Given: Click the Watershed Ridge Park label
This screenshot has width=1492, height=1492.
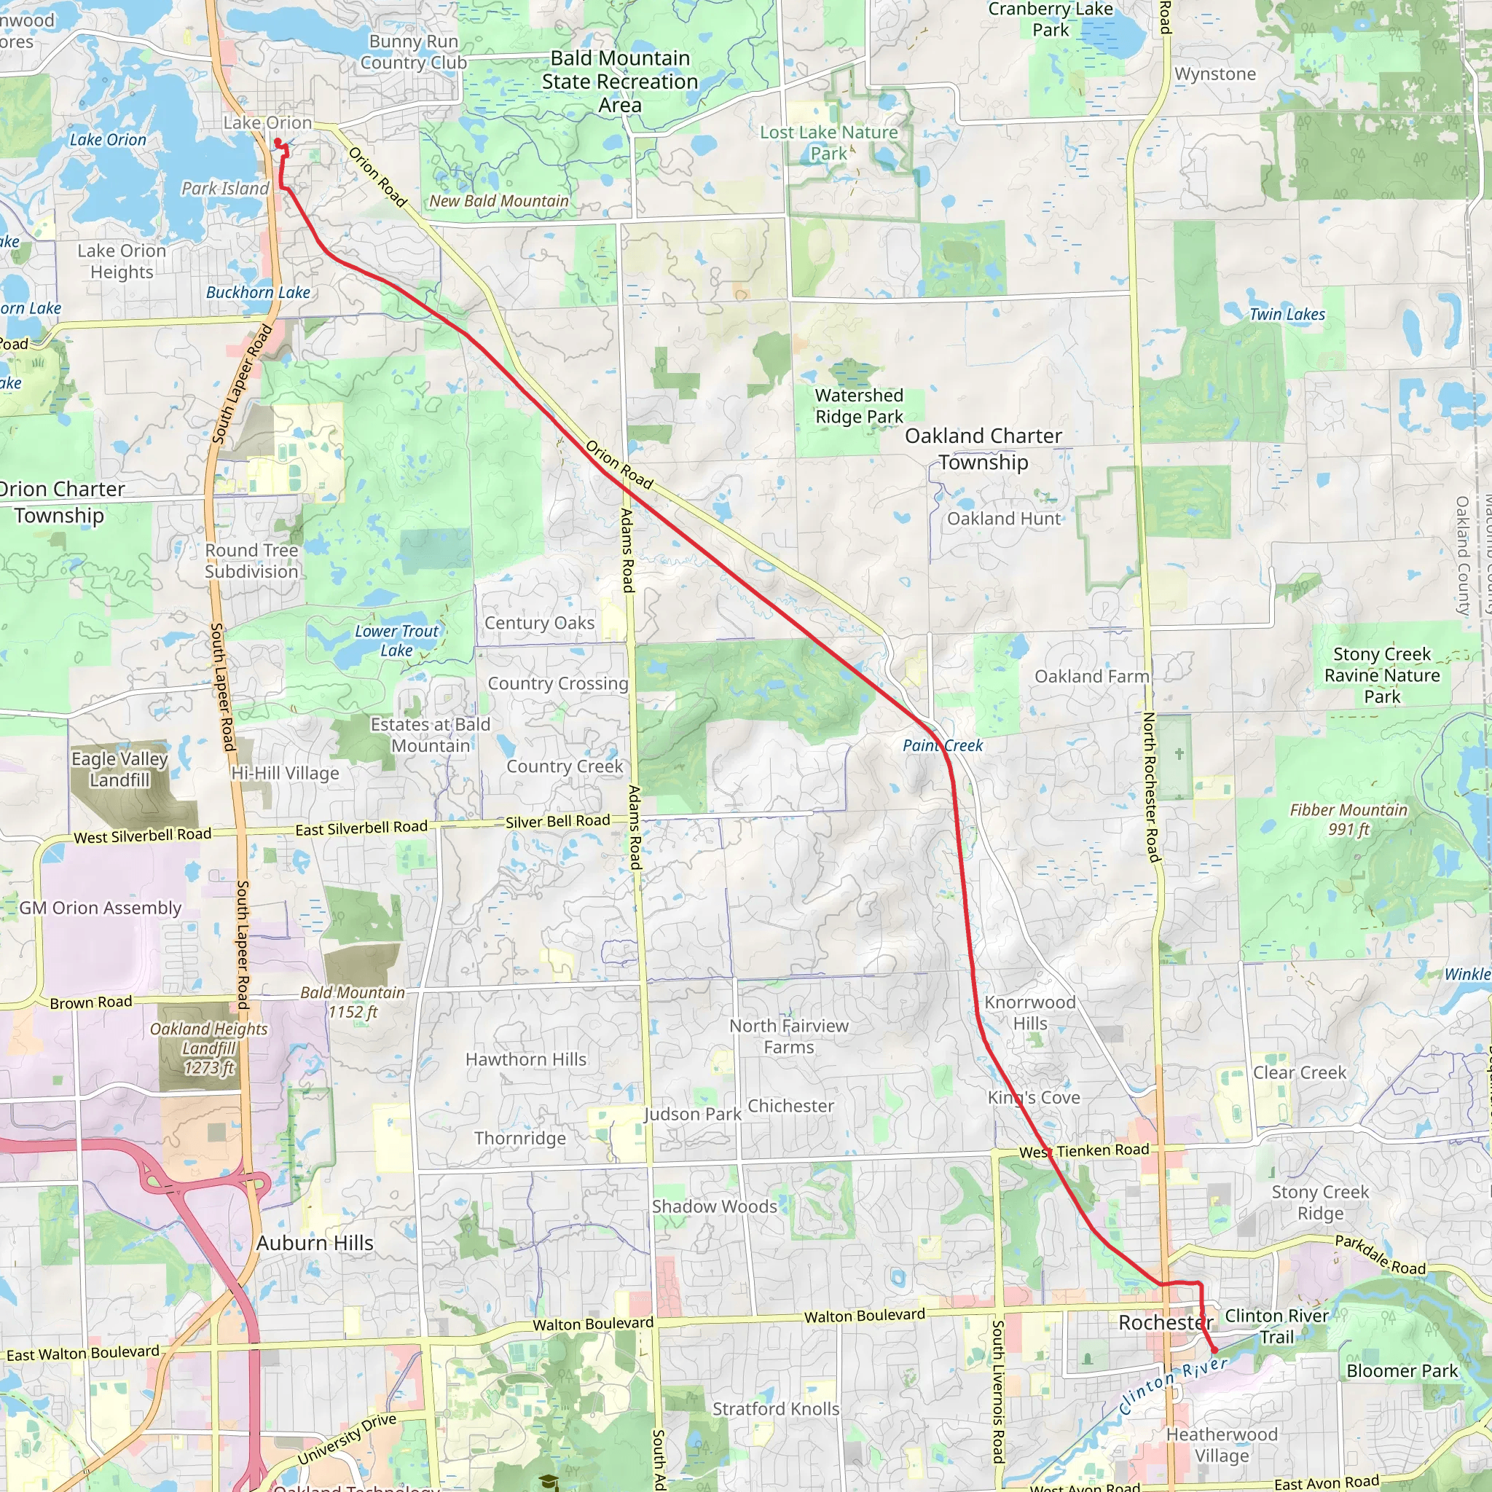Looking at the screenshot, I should (x=859, y=407).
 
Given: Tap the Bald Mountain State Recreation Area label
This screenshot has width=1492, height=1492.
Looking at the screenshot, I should (x=619, y=81).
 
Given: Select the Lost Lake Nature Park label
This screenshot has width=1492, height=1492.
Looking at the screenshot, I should (x=828, y=143).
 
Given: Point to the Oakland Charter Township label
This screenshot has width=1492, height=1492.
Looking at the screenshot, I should (x=983, y=449).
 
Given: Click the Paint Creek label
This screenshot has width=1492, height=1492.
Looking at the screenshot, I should (x=942, y=745).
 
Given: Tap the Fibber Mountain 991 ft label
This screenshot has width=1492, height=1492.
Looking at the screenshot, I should (x=1348, y=820).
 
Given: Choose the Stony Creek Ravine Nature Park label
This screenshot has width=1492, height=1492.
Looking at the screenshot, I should (x=1381, y=675).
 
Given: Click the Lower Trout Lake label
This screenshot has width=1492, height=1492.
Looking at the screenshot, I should (x=396, y=640).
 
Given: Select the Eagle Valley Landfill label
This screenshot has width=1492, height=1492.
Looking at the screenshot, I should (x=119, y=769).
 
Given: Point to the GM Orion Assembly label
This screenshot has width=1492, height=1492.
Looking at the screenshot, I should (x=101, y=908).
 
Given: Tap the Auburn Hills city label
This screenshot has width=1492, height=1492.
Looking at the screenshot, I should (x=314, y=1243).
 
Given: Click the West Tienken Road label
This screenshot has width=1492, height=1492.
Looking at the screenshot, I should (x=1084, y=1150).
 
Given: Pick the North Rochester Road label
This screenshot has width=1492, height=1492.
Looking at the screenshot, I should (x=1153, y=788).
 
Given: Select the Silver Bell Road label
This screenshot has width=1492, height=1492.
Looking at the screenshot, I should (x=557, y=821).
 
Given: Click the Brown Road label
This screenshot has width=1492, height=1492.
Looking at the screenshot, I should (x=91, y=1002).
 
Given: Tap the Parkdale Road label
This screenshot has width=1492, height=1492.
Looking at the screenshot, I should (x=1380, y=1255).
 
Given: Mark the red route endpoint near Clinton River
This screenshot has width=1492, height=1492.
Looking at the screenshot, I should (x=1214, y=1350).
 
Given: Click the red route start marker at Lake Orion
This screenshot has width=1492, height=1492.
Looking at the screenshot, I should (x=278, y=141).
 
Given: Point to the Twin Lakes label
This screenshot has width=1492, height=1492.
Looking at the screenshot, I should (x=1287, y=314).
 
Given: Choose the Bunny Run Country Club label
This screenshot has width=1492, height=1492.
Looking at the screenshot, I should (x=413, y=52).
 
